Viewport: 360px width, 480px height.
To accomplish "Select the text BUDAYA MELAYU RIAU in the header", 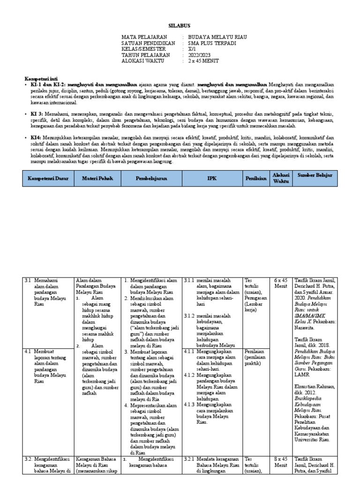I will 217,37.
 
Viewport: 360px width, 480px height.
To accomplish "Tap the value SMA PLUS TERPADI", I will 212,43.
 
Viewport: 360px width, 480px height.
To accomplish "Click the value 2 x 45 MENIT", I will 203,61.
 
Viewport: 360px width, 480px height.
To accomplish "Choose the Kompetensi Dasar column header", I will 48,179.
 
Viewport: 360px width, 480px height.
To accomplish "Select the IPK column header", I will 212,179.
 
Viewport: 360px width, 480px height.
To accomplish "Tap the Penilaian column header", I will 255,179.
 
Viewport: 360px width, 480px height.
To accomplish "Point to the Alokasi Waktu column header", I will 281,178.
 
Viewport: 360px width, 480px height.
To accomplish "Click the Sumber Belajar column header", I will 315,175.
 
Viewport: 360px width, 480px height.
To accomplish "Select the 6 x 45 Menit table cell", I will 281,284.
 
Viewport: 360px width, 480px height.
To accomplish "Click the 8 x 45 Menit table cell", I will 281,462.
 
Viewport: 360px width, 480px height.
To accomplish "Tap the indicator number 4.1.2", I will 189,375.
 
